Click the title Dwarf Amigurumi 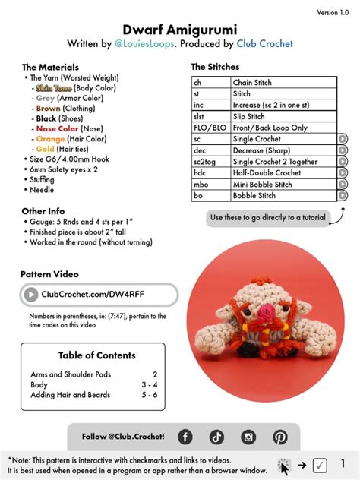(x=179, y=28)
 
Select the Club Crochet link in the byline (x=264, y=44)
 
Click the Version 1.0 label (x=333, y=13)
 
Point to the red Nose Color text (x=57, y=129)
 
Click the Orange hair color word (x=50, y=139)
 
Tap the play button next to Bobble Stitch (x=343, y=195)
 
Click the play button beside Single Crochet (x=343, y=139)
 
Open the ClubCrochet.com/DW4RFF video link (x=99, y=294)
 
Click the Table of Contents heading (x=97, y=355)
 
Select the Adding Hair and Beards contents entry (x=71, y=395)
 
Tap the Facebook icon (x=185, y=437)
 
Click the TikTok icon (x=217, y=437)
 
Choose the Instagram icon (x=248, y=437)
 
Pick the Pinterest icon (x=280, y=437)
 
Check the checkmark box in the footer (x=320, y=465)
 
